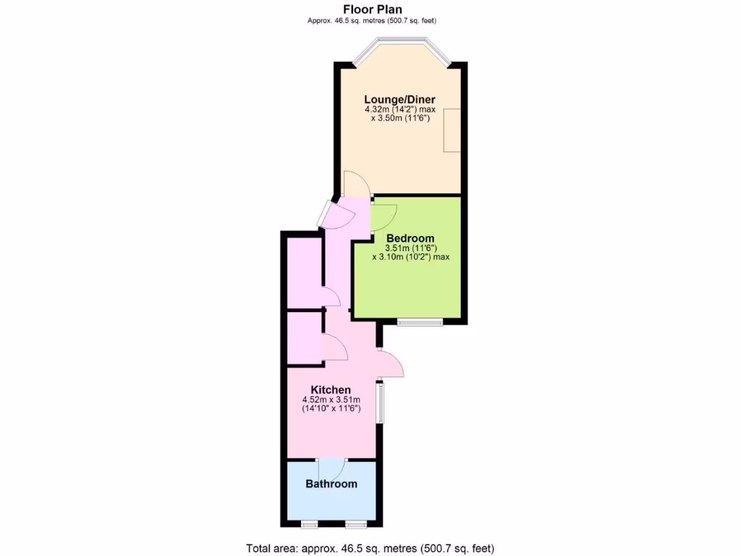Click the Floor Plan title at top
pos(372,9)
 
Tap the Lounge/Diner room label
pos(400,99)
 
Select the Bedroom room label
pos(410,238)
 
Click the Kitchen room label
pos(331,389)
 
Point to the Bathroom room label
pos(331,484)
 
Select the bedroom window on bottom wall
pos(420,321)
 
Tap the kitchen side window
pos(380,403)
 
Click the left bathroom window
pos(309,524)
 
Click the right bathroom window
pos(355,524)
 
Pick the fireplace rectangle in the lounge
pos(453,130)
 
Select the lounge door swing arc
pos(356,184)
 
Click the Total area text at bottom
pos(370,548)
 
